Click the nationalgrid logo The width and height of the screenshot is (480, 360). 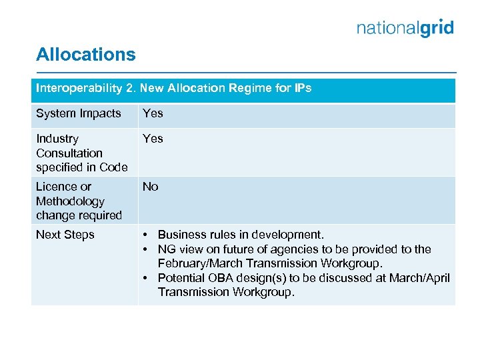click(x=405, y=28)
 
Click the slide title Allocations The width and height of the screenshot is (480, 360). click(x=85, y=55)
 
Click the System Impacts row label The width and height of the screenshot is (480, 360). click(x=79, y=113)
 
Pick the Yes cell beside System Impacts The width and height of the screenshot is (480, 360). click(x=153, y=113)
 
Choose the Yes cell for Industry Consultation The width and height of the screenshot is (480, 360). click(x=153, y=139)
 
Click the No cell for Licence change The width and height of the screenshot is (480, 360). click(x=151, y=187)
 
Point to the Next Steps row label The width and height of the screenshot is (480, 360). click(x=65, y=235)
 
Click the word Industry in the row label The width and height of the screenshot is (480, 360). click(x=57, y=139)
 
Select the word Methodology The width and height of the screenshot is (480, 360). click(x=70, y=201)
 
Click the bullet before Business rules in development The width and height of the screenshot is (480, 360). click(x=146, y=235)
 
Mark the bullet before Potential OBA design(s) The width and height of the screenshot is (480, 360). click(x=146, y=278)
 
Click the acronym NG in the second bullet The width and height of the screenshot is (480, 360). click(x=166, y=249)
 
